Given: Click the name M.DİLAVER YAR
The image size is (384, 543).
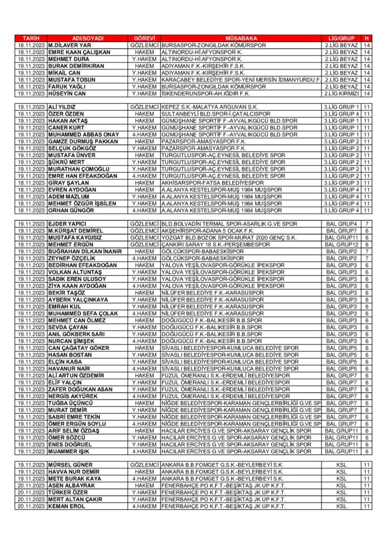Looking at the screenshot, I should [x=69, y=46].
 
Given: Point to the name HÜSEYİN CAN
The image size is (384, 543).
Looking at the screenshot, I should [x=67, y=93].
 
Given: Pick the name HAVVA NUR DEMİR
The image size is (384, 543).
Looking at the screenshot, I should [x=74, y=472].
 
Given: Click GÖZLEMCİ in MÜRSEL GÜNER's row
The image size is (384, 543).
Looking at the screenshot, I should [x=144, y=465].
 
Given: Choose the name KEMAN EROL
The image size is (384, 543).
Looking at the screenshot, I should [x=67, y=506].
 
